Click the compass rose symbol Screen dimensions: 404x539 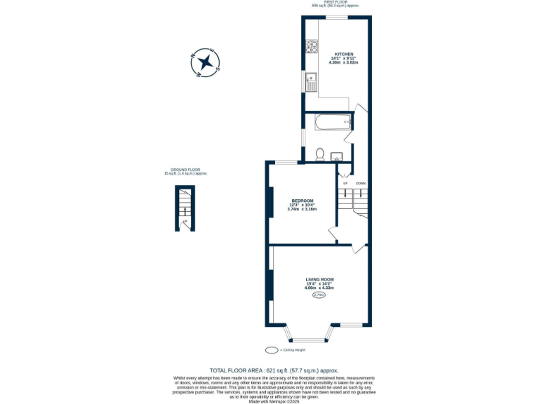206,62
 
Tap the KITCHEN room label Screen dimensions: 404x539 344,54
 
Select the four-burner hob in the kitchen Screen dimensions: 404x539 312,47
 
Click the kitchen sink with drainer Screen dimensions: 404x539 311,81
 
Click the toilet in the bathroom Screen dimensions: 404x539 319,154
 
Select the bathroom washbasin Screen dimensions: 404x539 336,156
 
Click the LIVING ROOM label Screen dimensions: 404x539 319,279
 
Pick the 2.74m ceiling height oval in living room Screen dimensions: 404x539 319,295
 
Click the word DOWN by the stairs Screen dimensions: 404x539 360,183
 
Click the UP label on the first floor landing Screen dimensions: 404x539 345,183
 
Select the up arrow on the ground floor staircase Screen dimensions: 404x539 185,222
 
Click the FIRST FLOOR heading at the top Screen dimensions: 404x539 335,2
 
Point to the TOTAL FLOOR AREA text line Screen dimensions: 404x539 274,370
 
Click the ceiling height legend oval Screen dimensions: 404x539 272,350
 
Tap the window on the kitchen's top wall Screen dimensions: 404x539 336,18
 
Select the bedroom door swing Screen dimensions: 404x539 332,232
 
